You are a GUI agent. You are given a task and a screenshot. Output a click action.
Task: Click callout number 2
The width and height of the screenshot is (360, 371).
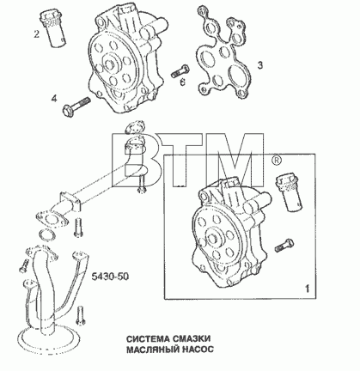36,34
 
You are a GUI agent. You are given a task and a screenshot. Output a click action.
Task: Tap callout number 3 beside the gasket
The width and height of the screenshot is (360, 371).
259,65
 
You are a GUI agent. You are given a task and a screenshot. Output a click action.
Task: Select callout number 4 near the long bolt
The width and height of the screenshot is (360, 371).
54,99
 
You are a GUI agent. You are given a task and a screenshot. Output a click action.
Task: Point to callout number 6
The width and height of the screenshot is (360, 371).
182,82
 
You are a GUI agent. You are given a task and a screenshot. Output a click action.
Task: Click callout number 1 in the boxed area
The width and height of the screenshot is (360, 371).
307,289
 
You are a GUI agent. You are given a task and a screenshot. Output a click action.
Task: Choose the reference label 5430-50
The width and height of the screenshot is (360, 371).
110,277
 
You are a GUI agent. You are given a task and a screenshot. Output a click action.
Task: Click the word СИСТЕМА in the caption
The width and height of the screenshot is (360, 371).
148,338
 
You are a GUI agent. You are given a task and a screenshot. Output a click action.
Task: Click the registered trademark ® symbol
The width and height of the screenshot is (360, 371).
276,161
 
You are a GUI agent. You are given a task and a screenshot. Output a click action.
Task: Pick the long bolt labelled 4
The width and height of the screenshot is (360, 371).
76,106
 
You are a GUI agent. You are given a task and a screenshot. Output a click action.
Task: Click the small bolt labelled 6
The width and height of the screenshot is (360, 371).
180,70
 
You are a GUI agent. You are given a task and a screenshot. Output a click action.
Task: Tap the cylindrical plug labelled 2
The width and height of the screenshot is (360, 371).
54,28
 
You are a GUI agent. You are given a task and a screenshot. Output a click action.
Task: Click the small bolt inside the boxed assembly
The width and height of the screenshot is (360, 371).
284,246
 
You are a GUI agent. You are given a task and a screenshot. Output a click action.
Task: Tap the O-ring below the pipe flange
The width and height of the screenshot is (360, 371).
47,234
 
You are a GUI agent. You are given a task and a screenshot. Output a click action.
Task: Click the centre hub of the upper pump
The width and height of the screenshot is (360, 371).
109,64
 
